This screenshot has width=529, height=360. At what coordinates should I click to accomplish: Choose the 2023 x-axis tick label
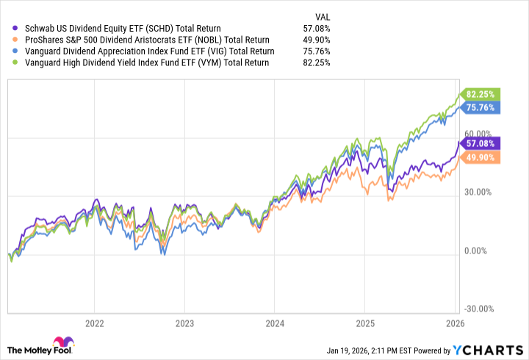184,323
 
